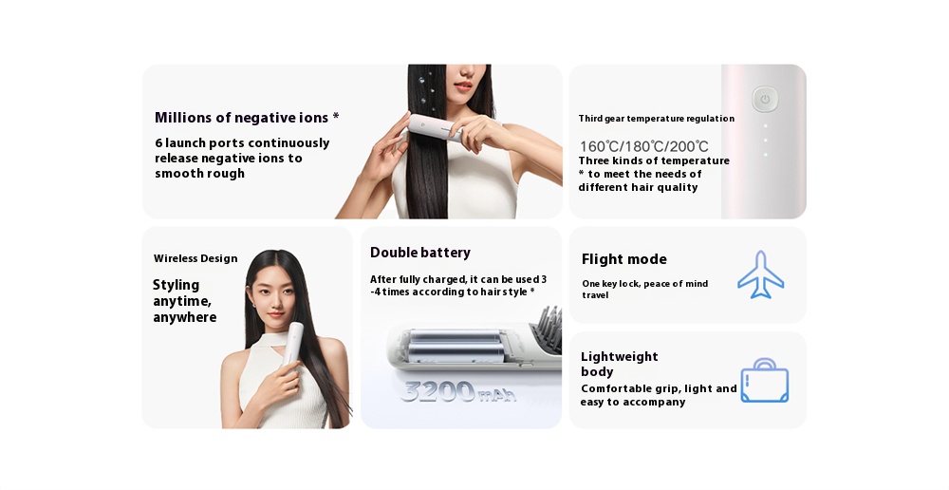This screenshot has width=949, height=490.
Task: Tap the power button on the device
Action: (765, 100)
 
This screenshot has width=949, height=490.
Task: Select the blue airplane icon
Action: (761, 274)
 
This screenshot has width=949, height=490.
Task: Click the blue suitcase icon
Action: (764, 381)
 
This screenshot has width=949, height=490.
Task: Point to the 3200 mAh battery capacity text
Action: (458, 391)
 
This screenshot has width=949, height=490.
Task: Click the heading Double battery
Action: (420, 253)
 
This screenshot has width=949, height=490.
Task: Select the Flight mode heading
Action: (624, 259)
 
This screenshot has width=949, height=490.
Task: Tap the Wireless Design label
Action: (195, 258)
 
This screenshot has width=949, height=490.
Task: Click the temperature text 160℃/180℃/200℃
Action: (644, 146)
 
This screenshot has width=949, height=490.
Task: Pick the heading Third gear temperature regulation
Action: (656, 119)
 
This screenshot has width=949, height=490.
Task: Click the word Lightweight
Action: (619, 357)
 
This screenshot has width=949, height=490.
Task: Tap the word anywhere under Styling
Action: (185, 318)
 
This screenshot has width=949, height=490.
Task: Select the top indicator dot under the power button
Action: (765, 126)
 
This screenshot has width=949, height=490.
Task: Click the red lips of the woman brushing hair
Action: (463, 86)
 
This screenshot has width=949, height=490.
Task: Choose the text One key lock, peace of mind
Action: (645, 284)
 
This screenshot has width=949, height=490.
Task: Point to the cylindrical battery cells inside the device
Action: (456, 346)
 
